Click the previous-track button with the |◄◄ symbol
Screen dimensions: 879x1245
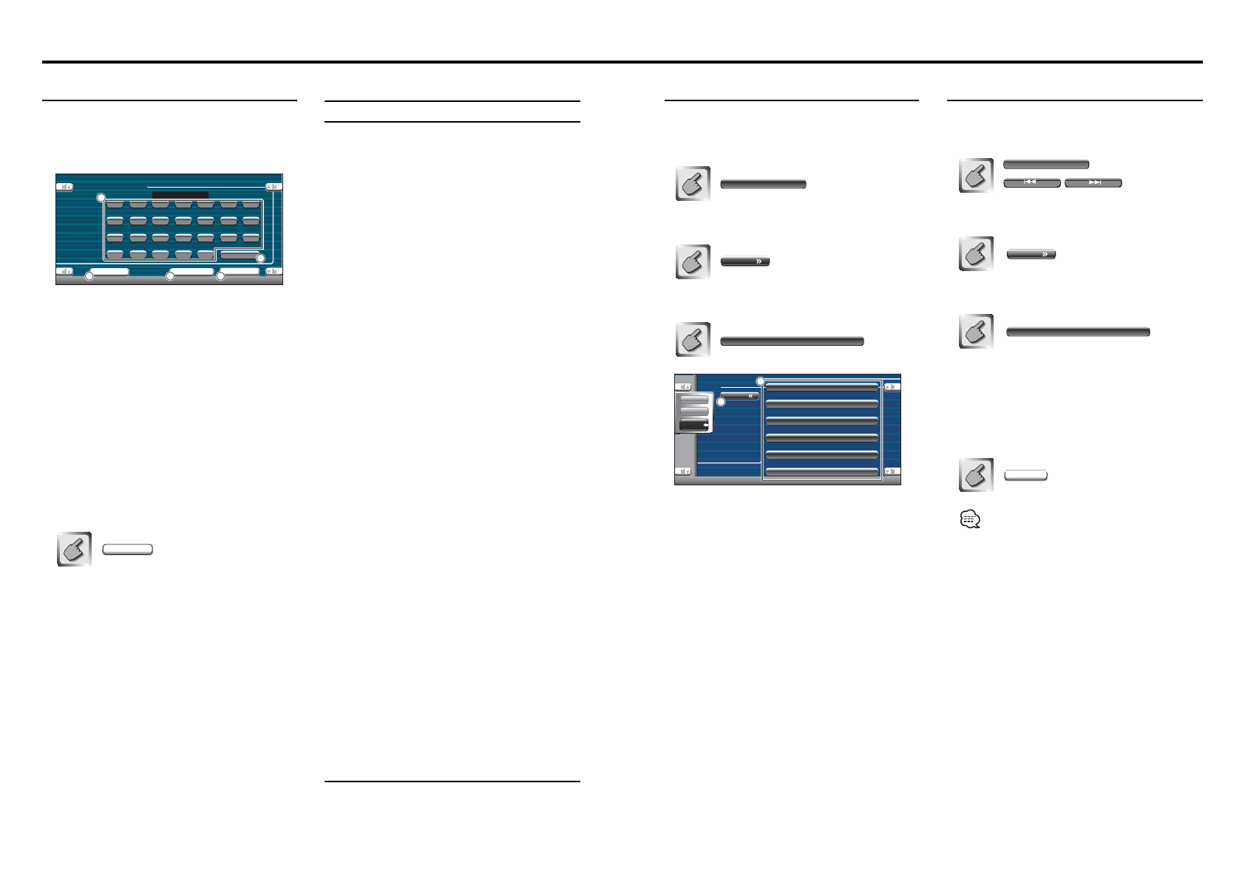click(x=1031, y=182)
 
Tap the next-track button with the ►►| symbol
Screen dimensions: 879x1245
click(x=1093, y=182)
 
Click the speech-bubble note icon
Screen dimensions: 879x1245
click(x=969, y=521)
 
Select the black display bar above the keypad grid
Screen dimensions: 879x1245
click(x=180, y=195)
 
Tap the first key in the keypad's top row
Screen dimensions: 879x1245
click(x=115, y=204)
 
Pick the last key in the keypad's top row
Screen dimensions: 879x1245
click(x=251, y=204)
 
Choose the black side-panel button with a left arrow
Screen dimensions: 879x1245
click(x=694, y=425)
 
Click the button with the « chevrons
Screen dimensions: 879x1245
click(x=740, y=396)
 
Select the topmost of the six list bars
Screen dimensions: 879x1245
click(x=821, y=386)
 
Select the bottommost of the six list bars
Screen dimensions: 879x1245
click(x=821, y=471)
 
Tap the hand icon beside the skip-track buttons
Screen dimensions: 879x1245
click(x=976, y=176)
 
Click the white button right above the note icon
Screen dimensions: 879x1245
click(x=1025, y=475)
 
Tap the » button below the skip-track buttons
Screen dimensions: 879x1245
click(x=1031, y=254)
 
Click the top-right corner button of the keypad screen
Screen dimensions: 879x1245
click(x=274, y=187)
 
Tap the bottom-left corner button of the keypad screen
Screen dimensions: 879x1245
click(x=65, y=271)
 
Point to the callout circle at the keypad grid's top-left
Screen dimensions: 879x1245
click(x=101, y=198)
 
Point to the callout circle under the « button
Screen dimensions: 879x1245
click(x=721, y=402)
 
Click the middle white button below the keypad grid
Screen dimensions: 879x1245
click(x=191, y=272)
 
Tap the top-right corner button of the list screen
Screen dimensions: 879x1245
click(x=892, y=387)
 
